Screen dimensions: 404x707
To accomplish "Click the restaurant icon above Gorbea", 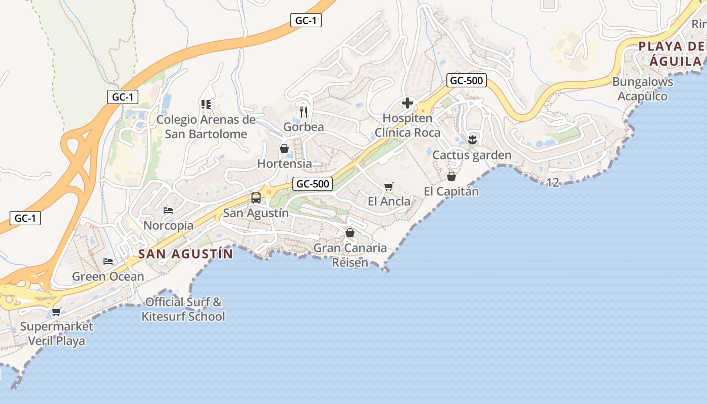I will pos(304,111).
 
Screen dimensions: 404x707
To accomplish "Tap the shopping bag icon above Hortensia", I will pos(284,148).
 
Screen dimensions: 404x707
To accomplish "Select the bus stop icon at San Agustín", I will pos(256,197).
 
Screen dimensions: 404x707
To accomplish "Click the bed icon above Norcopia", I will pos(168,210).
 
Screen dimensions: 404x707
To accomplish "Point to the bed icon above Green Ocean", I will pos(108,261).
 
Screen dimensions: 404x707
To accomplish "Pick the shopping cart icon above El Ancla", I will pos(388,187).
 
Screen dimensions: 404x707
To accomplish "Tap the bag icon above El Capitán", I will pos(451,176).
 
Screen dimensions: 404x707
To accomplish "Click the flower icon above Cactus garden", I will pos(472,139).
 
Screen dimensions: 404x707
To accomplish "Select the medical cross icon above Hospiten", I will pos(407,104).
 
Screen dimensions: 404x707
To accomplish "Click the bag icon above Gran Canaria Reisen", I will pos(349,233).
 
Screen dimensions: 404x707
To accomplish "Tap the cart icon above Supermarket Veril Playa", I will pos(56,312).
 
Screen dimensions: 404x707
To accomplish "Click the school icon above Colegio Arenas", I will pos(206,105).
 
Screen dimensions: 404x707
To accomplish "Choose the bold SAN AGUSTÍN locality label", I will pos(186,254).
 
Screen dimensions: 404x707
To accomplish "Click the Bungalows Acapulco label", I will pos(642,89).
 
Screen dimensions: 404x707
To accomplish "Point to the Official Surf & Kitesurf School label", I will pos(183,309).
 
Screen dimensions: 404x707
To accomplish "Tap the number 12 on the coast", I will pos(553,182).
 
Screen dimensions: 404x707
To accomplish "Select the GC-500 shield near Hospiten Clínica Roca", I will pos(467,80).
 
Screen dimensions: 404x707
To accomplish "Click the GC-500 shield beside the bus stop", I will pos(313,184).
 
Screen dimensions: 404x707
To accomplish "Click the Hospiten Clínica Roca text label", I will pos(407,125).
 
